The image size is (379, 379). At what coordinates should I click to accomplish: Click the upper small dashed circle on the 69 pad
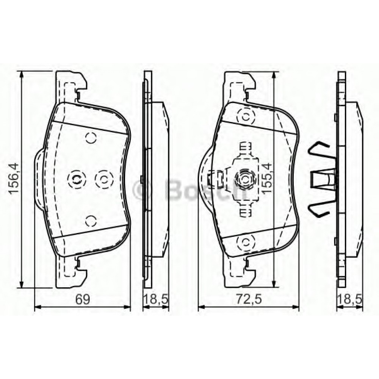[91, 138]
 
